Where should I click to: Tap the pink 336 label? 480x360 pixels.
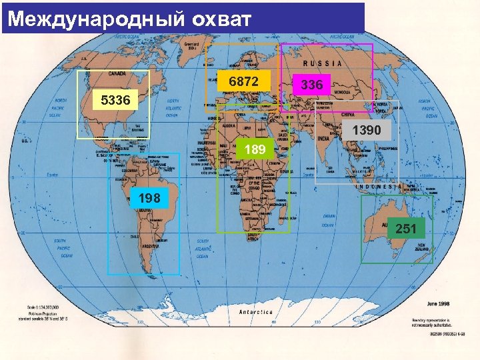click(x=312, y=85)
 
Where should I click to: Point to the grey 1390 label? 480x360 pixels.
click(x=367, y=131)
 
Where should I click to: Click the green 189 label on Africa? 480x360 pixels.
click(x=255, y=149)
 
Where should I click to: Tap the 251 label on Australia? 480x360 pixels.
click(x=405, y=229)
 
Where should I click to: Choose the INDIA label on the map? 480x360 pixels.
click(x=323, y=138)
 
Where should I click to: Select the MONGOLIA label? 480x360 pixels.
click(x=344, y=91)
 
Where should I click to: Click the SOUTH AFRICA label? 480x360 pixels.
click(x=253, y=236)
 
